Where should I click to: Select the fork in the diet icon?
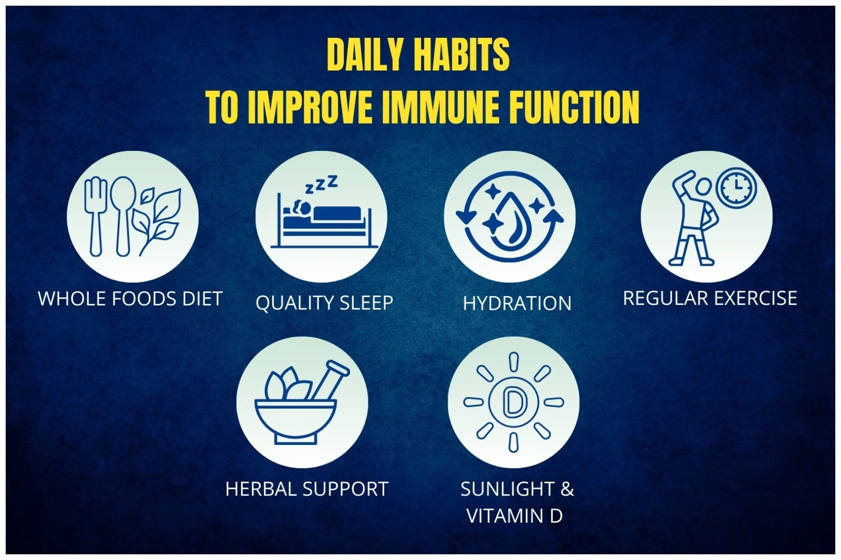[x=96, y=216]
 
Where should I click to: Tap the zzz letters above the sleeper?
[x=321, y=185]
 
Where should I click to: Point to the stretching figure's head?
[x=703, y=187]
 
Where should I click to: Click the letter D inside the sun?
[x=512, y=402]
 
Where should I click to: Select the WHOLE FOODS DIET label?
[x=130, y=299]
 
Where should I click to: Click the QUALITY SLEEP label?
[x=324, y=303]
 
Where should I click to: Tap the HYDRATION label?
[x=517, y=303]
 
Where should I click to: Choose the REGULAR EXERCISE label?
[x=710, y=298]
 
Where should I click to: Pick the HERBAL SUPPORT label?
[x=306, y=489]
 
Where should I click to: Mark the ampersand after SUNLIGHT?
[x=567, y=489]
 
